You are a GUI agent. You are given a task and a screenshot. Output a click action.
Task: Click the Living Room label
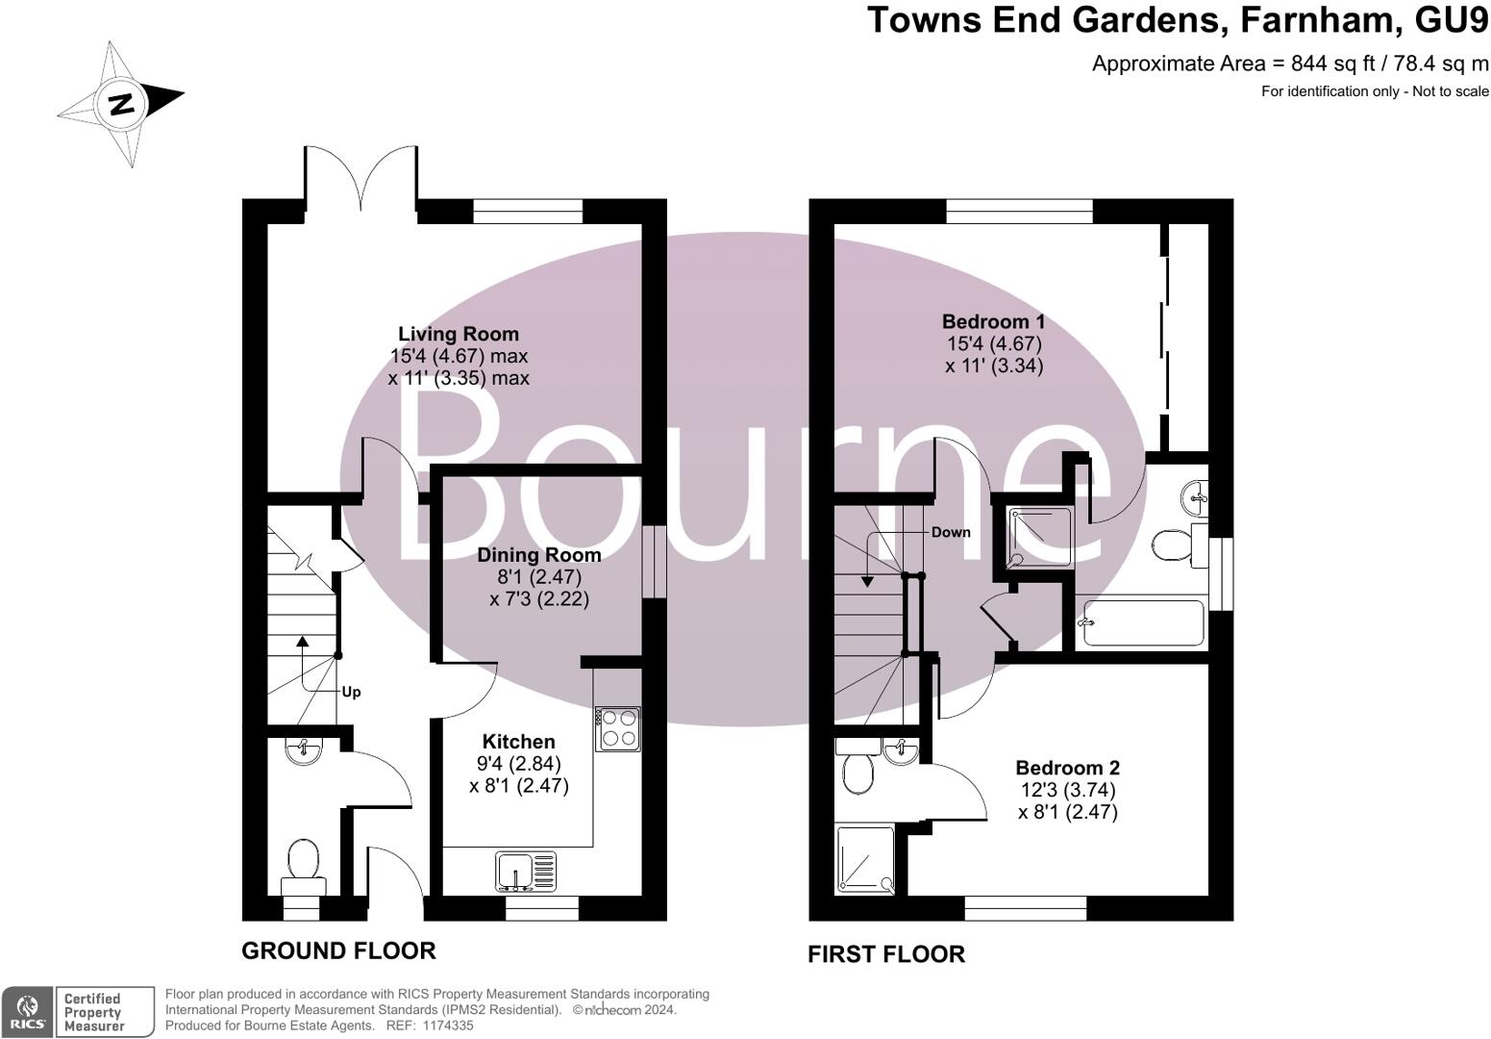point(459,335)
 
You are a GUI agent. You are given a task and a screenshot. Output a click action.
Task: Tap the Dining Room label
point(539,555)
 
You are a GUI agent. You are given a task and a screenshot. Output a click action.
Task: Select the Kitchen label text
point(519,742)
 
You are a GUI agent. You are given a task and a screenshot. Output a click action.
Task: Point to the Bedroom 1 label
point(993,322)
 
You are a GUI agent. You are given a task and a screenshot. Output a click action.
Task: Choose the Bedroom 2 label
point(1068,768)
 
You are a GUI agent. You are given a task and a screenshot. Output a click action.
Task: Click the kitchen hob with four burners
point(617,728)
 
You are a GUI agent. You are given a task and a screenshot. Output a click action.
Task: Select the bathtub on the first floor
point(1143,622)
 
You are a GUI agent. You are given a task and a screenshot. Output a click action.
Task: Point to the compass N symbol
point(121,103)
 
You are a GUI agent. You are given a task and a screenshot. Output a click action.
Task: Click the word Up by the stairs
point(352,692)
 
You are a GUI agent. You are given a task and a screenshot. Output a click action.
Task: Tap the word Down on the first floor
point(951,532)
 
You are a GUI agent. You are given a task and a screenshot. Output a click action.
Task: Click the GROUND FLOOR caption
point(338,950)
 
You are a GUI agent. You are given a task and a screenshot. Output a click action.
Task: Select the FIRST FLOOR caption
point(885,954)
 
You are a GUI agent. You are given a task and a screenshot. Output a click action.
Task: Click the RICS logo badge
point(26,1012)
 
